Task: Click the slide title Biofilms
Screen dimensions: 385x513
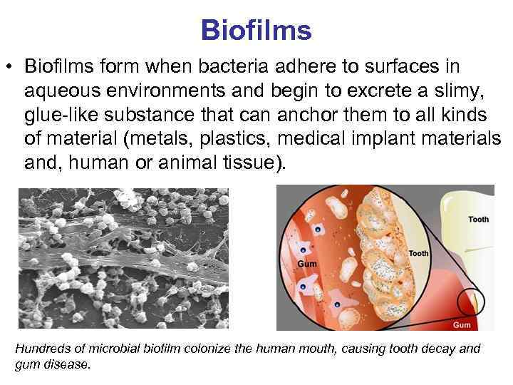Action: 256,30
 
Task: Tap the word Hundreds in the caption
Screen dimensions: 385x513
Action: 43,349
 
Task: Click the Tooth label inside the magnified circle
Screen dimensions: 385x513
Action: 419,253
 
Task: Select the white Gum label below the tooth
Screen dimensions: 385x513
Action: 462,325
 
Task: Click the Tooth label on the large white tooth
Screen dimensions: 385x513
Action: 478,219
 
